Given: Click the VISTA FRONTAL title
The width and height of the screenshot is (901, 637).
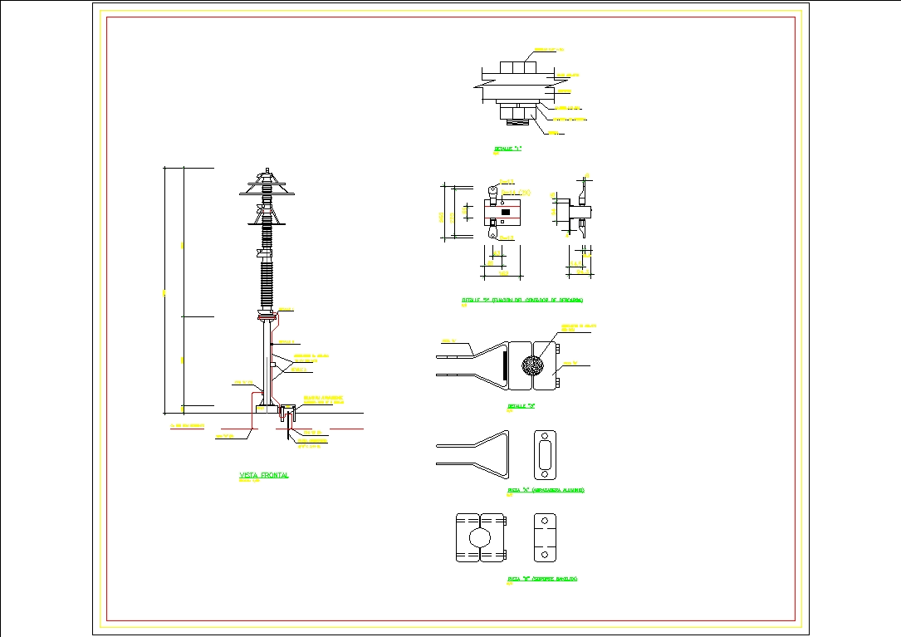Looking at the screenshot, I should pos(263,476).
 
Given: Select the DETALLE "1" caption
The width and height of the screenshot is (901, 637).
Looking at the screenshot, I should pos(507,149).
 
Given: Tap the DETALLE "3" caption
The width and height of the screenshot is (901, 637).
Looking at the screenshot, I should pos(521,407).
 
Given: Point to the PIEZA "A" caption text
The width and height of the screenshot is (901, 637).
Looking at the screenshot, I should pos(546,491).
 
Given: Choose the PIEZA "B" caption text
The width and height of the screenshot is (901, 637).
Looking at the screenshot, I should pos(542,578).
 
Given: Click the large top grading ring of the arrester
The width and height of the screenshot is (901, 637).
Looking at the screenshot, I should pos(267,190).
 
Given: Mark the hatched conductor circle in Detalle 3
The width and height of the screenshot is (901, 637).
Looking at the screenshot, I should pos(531,365).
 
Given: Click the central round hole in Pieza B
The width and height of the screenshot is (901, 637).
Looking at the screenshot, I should pos(482,537).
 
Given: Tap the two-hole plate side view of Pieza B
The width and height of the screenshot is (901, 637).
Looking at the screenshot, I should pos(545,537).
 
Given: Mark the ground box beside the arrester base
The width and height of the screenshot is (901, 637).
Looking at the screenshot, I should pos(289,411).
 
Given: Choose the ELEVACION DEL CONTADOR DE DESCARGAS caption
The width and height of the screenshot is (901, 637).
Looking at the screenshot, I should pos(523,301).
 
